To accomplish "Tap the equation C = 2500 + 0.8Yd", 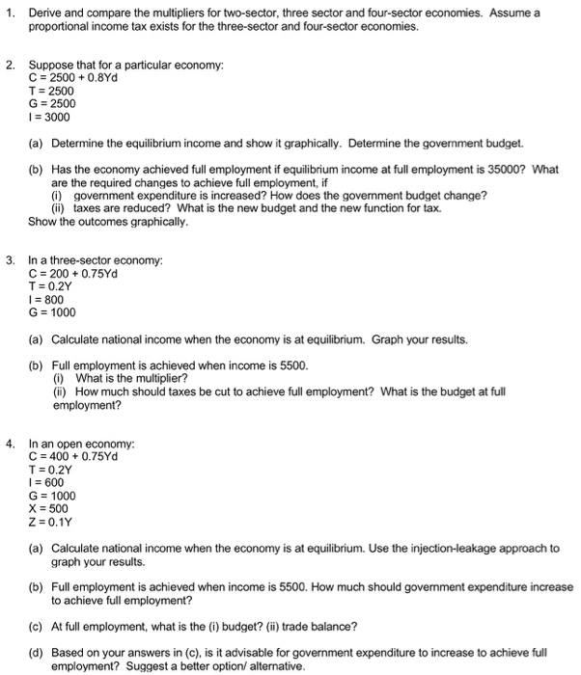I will click(73, 78).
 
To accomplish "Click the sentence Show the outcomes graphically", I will click(108, 221).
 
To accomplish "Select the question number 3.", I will click(9, 259).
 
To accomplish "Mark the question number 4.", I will click(9, 444).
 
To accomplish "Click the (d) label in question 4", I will click(37, 652).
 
